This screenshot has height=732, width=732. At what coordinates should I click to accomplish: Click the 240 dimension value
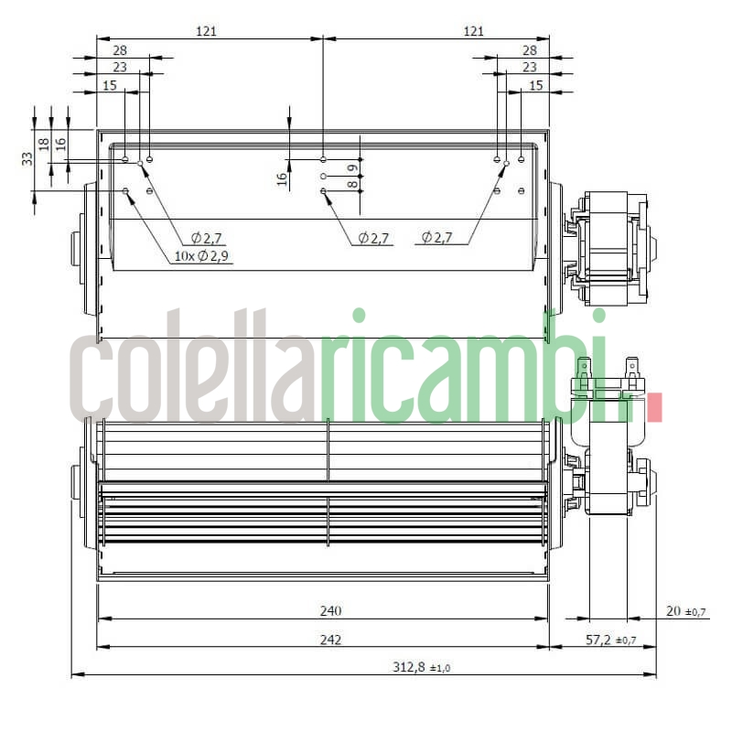click(x=331, y=610)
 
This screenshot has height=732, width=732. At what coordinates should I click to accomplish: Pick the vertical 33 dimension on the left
click(x=27, y=158)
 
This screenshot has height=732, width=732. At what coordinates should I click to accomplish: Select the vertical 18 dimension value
click(x=44, y=144)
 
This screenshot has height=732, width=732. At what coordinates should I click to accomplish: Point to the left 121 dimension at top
click(x=207, y=31)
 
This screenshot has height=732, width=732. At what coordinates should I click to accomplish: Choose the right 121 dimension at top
click(x=473, y=31)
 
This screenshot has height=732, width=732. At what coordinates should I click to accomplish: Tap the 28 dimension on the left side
click(x=120, y=50)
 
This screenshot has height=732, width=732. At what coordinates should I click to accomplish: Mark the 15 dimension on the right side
click(x=536, y=85)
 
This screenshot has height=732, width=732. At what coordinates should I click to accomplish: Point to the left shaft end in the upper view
click(x=76, y=249)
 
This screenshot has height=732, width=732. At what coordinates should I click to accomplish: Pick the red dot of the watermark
click(x=653, y=408)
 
